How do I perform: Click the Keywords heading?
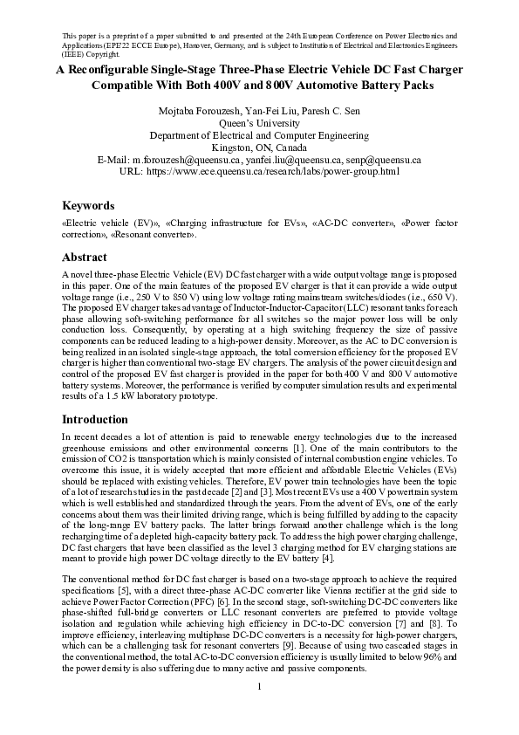coord(88,206)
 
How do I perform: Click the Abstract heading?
coord(85,258)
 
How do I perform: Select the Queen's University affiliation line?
coord(259,124)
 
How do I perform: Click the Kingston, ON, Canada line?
coord(259,148)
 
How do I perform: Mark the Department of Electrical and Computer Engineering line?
coord(259,136)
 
